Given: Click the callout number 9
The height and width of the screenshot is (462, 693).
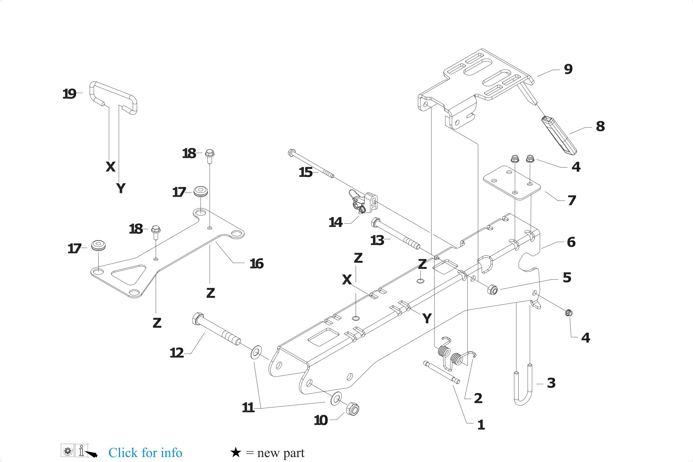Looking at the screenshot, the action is click(x=568, y=69).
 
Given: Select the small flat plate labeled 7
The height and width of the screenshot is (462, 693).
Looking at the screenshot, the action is click(x=512, y=183).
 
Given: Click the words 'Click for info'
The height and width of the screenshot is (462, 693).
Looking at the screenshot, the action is click(x=145, y=453).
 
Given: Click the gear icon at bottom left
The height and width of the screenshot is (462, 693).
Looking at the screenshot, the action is click(x=67, y=451).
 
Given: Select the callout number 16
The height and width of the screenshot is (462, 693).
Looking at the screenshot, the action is click(x=257, y=264).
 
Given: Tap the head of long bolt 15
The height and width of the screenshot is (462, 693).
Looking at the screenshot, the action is click(x=291, y=153).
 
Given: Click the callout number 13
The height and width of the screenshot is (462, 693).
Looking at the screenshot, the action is click(x=377, y=240).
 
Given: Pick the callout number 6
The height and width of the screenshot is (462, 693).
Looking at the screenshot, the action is click(x=571, y=242).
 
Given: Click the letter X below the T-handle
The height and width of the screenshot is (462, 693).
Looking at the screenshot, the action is click(x=111, y=167).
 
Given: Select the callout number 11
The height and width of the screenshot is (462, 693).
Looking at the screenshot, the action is click(x=248, y=408).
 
